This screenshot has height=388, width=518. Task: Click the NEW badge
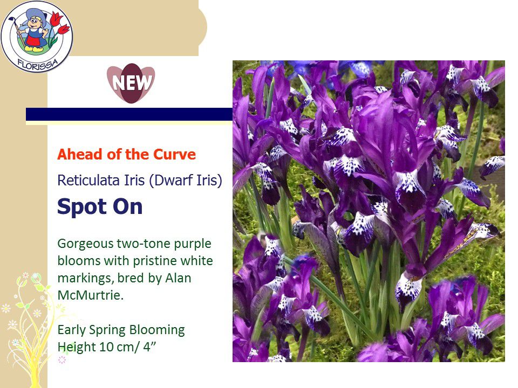(x=131, y=83)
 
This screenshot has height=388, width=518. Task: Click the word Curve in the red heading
(x=174, y=155)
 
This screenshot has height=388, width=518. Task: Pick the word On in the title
(x=127, y=207)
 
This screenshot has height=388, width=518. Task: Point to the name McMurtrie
(x=91, y=295)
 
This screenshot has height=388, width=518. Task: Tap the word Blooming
(x=157, y=330)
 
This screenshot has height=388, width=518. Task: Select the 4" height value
(x=149, y=347)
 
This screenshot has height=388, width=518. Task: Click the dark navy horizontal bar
(x=129, y=114)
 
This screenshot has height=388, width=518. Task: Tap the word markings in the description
(x=85, y=279)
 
